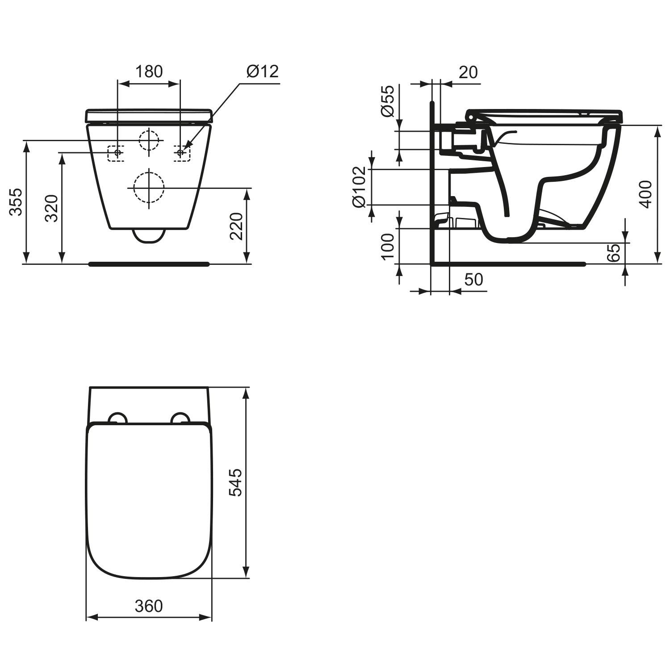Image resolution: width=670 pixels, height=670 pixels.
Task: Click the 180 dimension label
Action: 149,71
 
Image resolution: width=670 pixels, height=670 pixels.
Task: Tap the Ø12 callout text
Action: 262,71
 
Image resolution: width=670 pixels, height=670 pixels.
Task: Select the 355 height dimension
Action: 17,202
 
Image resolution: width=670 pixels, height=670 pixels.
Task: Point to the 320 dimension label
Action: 52,208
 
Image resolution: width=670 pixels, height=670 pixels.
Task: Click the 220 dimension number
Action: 236,226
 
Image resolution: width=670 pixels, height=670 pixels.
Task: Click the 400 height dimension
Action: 646,194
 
